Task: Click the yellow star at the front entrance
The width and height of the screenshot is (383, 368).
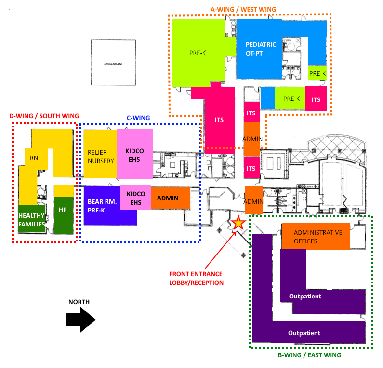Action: [238, 223]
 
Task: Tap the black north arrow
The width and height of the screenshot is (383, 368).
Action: [81, 320]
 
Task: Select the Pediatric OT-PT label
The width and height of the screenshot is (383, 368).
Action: [261, 49]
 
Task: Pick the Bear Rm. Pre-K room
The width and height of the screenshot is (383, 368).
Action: [102, 205]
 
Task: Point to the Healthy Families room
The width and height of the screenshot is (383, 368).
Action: [31, 220]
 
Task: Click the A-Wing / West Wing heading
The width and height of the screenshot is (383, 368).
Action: [250, 9]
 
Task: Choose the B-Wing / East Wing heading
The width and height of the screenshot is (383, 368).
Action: [310, 355]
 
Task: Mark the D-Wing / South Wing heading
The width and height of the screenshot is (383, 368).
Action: [43, 116]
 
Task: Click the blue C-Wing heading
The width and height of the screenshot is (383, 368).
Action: [138, 118]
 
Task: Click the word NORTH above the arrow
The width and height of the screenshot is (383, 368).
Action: [79, 302]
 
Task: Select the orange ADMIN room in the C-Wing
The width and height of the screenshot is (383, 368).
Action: [168, 198]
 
